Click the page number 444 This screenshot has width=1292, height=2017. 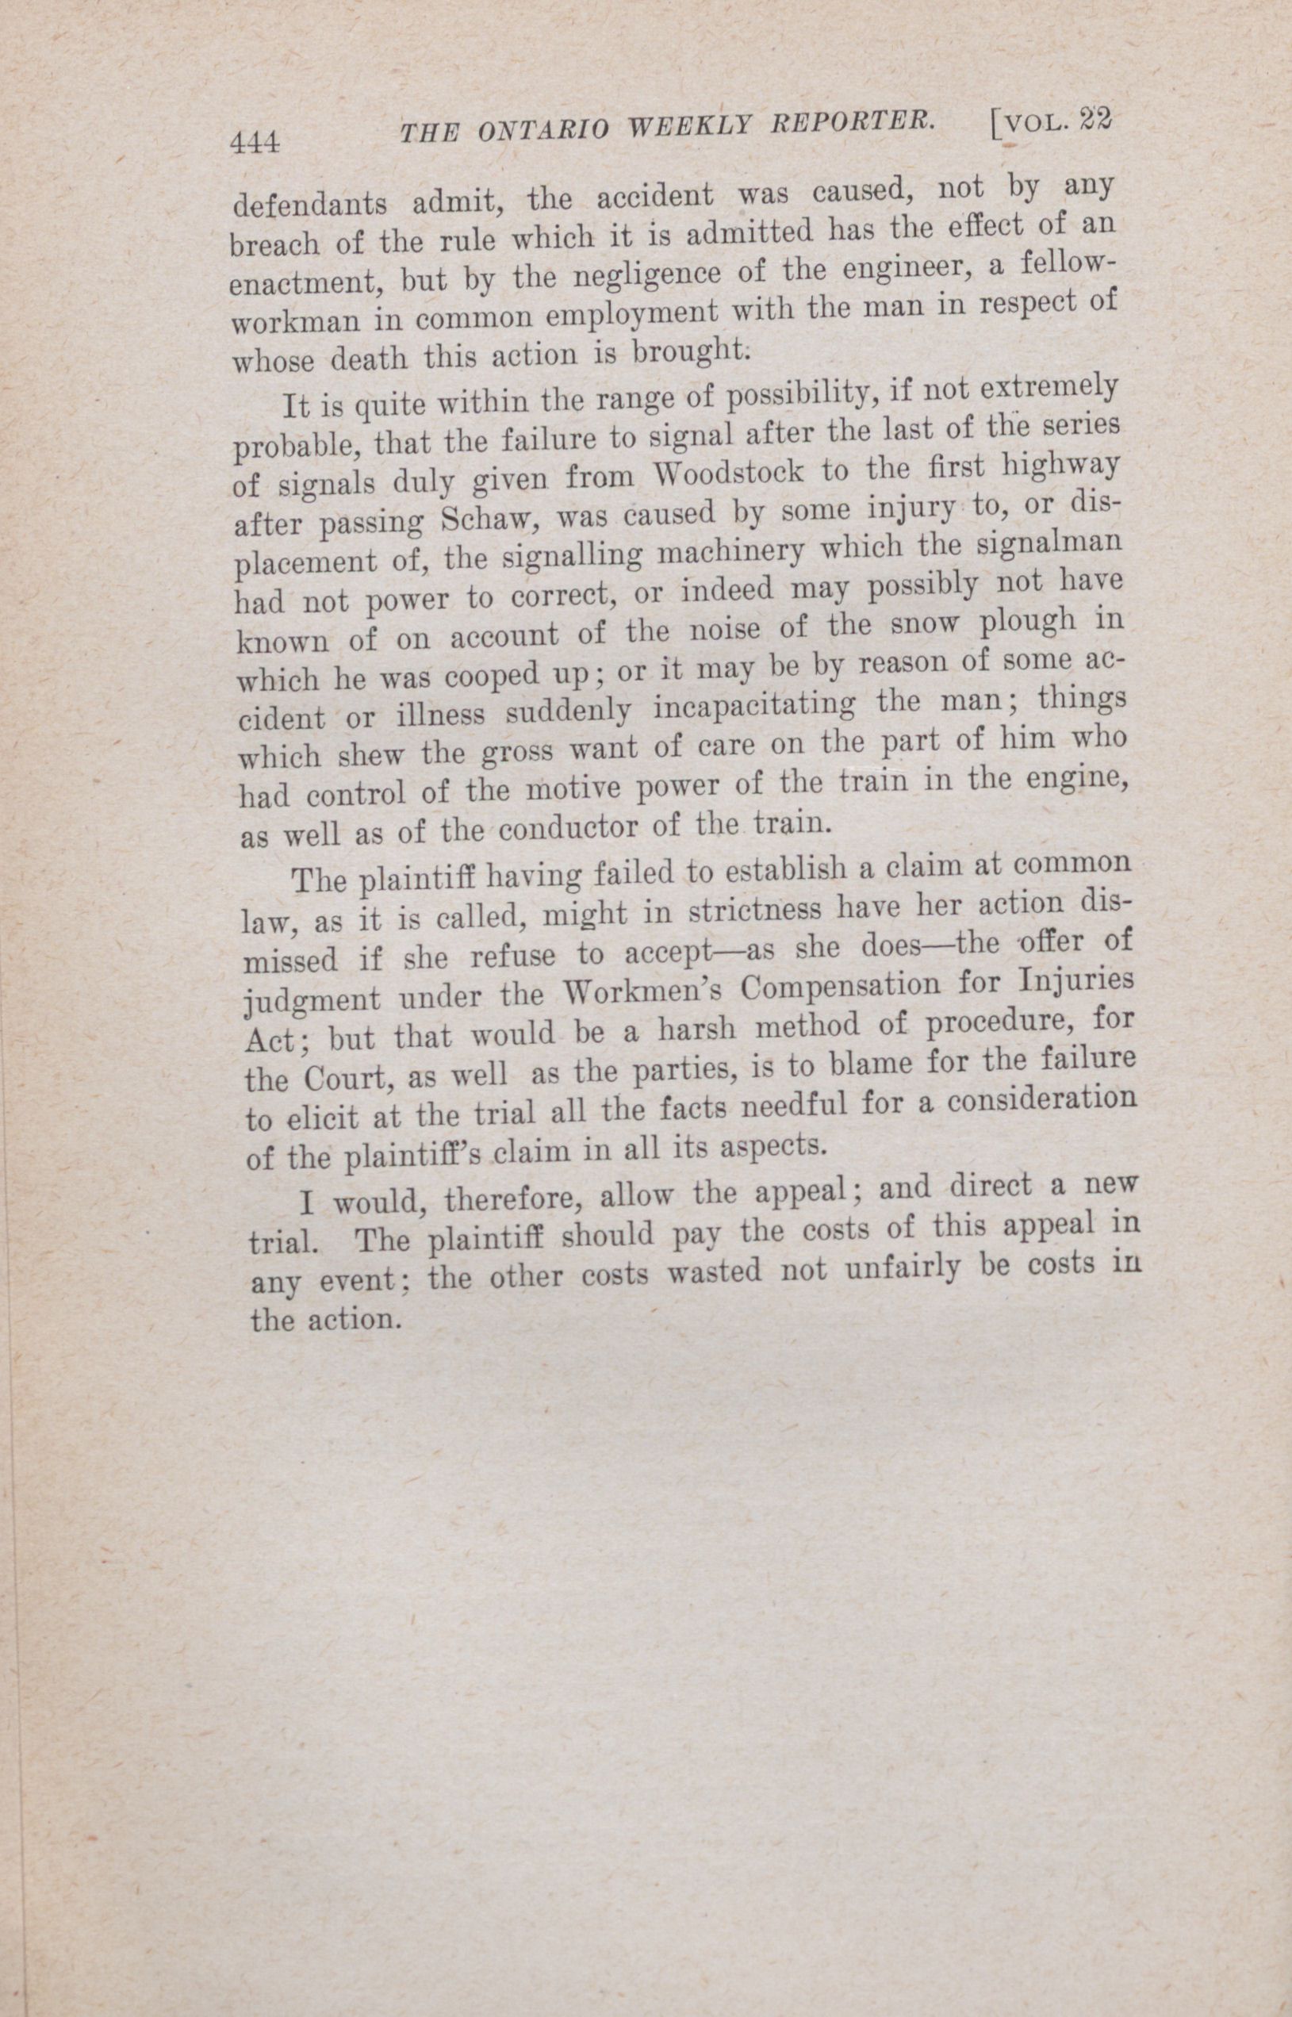pyautogui.click(x=255, y=143)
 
